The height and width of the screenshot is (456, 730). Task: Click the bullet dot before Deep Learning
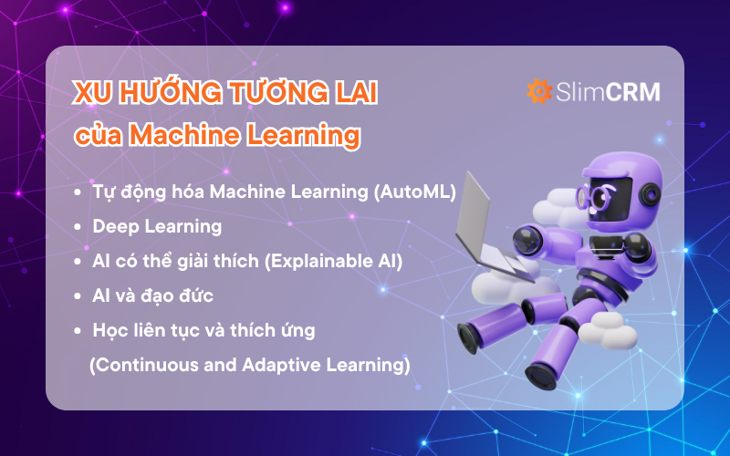pos(78,227)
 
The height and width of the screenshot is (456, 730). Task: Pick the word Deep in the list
pos(113,226)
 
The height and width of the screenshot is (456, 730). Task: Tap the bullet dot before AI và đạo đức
pos(78,295)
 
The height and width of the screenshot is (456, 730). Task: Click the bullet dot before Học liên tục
pos(78,329)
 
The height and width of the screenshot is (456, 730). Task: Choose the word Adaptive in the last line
pos(278,365)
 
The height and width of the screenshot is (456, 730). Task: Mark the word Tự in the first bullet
pos(103,192)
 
